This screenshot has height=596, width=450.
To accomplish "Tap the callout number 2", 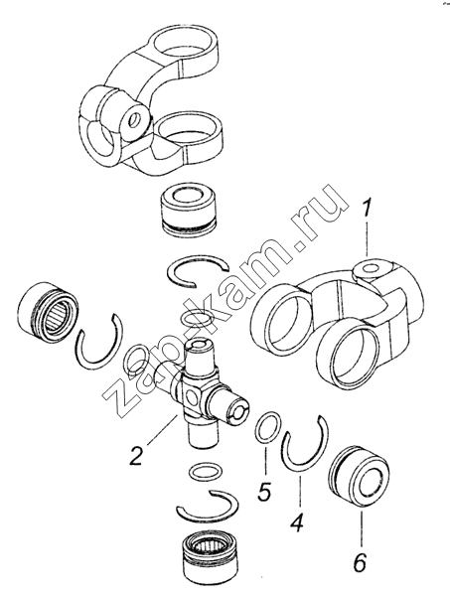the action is (137, 455).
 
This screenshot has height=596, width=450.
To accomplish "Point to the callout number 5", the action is (263, 490).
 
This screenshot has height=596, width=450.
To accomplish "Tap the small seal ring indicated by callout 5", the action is (268, 426).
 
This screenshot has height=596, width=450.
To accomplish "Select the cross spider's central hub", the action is (191, 396).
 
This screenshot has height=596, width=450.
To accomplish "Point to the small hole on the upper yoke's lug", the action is (134, 121).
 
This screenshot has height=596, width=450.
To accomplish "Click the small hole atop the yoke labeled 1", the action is (369, 268).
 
